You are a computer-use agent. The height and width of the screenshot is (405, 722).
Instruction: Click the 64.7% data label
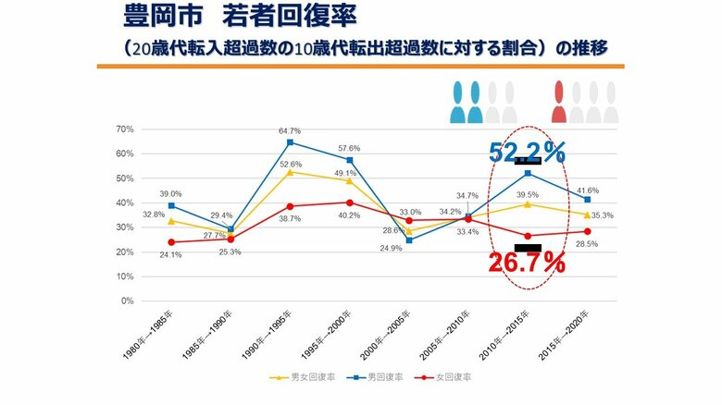coord(290,131)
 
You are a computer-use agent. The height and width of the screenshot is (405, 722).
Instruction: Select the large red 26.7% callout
coord(526,264)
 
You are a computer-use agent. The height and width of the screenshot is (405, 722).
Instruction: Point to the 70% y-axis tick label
coord(124,129)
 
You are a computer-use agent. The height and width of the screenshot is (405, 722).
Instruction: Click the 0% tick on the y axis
coord(127,301)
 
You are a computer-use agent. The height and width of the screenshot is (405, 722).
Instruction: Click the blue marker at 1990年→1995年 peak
coord(291,142)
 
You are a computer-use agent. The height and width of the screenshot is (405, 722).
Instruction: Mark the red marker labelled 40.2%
coord(349,202)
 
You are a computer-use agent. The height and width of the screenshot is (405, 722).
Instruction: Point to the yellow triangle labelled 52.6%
coord(291,172)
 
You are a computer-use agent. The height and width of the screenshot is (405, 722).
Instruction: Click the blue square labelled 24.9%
coord(409,240)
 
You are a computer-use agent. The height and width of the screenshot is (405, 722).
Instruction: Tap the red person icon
coord(559,102)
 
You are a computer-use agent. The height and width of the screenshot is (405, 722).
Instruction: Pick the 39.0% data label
coord(170,194)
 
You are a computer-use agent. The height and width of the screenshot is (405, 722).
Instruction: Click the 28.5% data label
coord(587,243)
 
